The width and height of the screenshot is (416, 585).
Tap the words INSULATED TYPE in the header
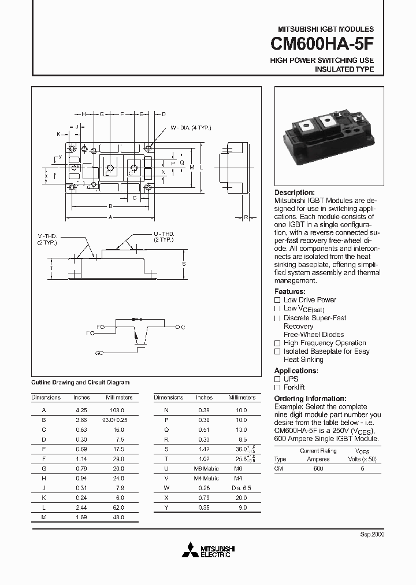pos(344,69)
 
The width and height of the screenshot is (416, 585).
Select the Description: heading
pos(294,192)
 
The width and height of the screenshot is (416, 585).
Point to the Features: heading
pos(289,292)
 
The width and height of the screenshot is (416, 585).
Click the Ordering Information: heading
pos(310,399)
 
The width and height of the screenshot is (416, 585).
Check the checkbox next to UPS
pos(277,379)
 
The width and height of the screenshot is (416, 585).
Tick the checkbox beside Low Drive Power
pos(277,300)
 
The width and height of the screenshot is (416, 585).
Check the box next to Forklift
pos(277,387)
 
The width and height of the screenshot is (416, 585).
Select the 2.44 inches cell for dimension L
pos(81,508)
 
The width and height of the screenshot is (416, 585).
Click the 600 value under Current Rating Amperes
pos(318,468)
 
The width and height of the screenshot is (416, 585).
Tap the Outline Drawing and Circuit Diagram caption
pos(80,383)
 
